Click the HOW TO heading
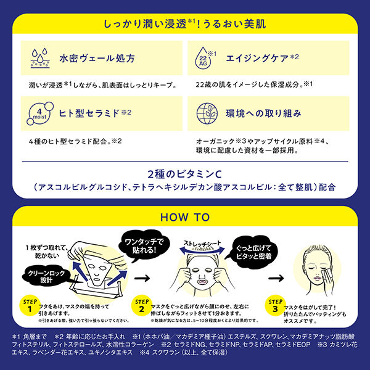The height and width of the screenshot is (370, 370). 184,217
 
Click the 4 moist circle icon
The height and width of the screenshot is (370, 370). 40,114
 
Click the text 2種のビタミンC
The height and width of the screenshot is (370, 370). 184,171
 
